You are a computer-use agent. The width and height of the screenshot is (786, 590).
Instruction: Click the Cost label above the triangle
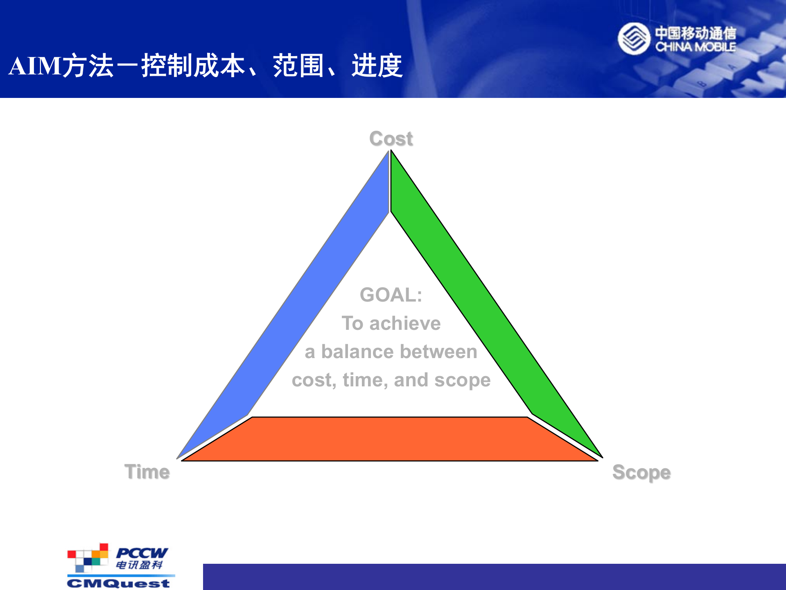[391, 138]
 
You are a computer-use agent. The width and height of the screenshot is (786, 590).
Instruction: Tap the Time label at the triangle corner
[147, 472]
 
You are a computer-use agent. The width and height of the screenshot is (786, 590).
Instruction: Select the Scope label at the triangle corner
[641, 472]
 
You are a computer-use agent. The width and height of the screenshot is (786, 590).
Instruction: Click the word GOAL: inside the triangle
[391, 295]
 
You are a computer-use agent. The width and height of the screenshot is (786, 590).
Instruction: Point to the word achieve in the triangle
[405, 324]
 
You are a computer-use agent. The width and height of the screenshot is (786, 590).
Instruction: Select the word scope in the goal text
[462, 380]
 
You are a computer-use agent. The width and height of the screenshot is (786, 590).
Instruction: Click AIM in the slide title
[35, 66]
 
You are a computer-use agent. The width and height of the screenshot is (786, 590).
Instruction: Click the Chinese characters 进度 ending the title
[377, 66]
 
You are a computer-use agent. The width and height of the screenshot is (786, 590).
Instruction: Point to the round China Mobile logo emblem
[634, 39]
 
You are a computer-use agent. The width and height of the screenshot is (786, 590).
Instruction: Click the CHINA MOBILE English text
[695, 47]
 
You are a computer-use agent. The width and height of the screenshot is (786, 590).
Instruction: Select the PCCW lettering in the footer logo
[142, 553]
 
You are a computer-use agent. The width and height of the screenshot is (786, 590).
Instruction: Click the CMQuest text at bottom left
[118, 583]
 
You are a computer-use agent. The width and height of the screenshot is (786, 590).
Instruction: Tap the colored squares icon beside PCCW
[88, 558]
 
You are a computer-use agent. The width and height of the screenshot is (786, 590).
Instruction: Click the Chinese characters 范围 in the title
[298, 66]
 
